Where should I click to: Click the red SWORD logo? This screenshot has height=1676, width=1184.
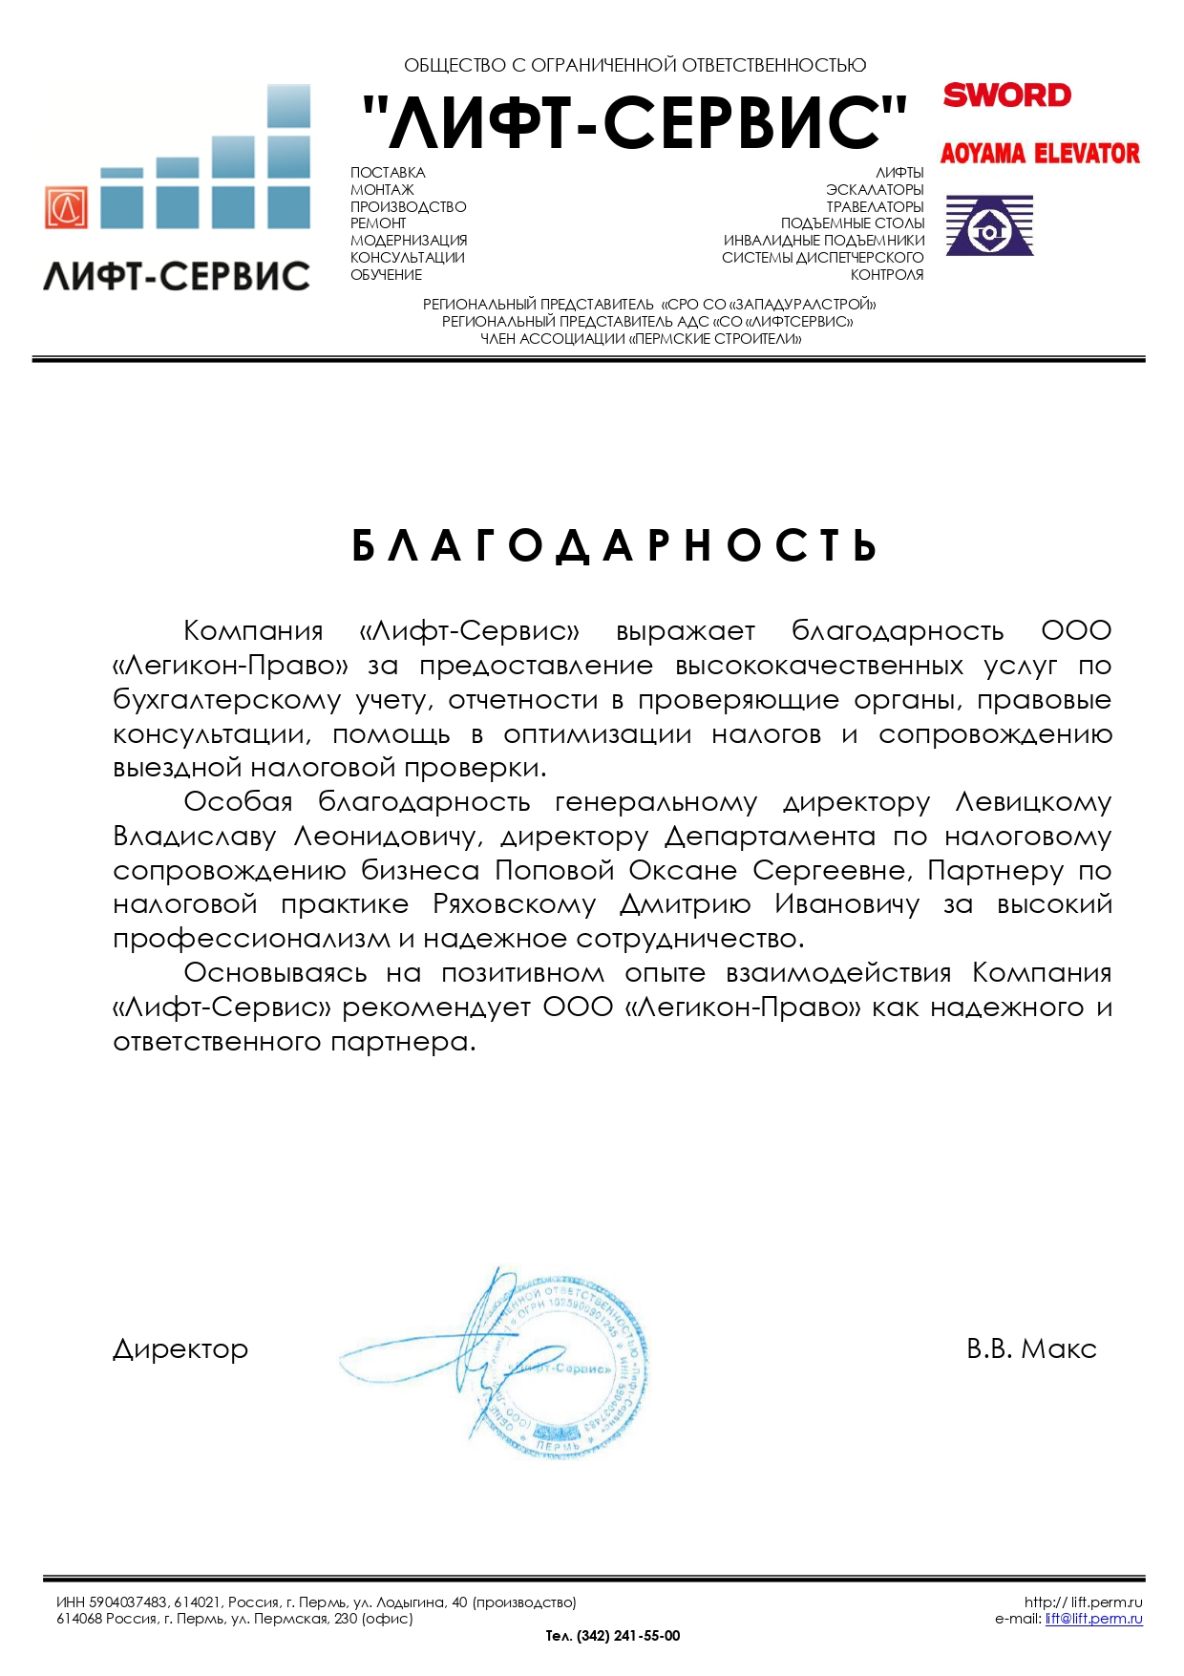pyautogui.click(x=1006, y=95)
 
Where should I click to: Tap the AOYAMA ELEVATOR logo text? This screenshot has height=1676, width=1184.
pyautogui.click(x=1040, y=154)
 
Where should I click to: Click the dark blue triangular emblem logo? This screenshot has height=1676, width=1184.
pyautogui.click(x=989, y=225)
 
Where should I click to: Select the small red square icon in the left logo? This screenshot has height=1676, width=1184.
pyautogui.click(x=66, y=207)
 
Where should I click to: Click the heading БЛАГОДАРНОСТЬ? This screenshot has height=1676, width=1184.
pyautogui.click(x=615, y=546)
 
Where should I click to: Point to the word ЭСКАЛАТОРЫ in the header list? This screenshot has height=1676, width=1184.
pyautogui.click(x=875, y=190)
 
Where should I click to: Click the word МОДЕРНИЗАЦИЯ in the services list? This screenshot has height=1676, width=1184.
pyautogui.click(x=409, y=241)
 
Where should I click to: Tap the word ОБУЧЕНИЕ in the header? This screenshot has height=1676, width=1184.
pyautogui.click(x=386, y=275)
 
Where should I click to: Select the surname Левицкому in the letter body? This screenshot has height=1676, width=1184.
pyautogui.click(x=1033, y=802)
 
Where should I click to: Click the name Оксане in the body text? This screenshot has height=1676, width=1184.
pyautogui.click(x=683, y=871)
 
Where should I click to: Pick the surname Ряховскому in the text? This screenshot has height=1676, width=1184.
pyautogui.click(x=514, y=904)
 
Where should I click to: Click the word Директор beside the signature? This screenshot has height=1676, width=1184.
pyautogui.click(x=180, y=1349)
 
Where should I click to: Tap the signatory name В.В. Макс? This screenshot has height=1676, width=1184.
pyautogui.click(x=1031, y=1348)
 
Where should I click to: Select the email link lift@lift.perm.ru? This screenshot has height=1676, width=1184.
pyautogui.click(x=1093, y=1619)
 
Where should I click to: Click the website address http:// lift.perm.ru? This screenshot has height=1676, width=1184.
pyautogui.click(x=1083, y=1602)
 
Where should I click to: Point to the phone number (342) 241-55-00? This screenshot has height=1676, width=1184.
pyautogui.click(x=628, y=1636)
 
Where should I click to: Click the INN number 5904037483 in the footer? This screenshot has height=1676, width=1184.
pyautogui.click(x=128, y=1602)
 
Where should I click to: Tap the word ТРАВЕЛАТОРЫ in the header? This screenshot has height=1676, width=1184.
pyautogui.click(x=875, y=207)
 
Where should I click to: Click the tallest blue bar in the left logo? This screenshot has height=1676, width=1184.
pyautogui.click(x=288, y=157)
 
